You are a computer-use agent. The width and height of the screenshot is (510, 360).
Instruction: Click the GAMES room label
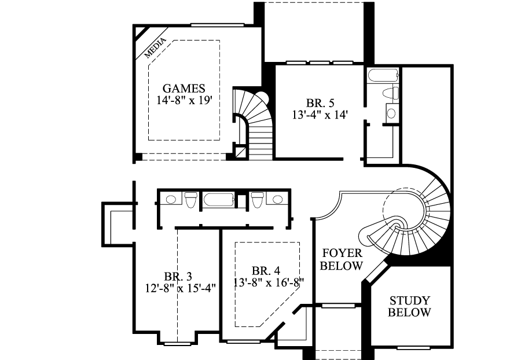(x=184, y=89)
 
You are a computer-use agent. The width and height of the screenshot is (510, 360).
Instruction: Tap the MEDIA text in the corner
(x=155, y=49)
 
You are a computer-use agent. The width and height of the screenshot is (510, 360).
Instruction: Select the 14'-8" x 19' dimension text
(x=184, y=100)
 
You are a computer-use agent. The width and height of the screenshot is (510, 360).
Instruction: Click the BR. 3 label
(x=178, y=276)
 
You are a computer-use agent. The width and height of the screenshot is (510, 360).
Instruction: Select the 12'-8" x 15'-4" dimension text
(x=181, y=288)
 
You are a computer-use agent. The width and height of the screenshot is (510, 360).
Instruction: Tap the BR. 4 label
(x=266, y=271)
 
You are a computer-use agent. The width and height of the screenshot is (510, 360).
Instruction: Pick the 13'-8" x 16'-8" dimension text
(x=269, y=282)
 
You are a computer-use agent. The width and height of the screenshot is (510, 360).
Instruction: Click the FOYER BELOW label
(x=342, y=260)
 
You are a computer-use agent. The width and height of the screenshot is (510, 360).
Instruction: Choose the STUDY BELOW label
(x=409, y=307)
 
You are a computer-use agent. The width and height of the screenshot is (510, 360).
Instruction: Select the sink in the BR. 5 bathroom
(x=391, y=113)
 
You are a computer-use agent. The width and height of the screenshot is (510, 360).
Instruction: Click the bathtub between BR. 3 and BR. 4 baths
(x=218, y=201)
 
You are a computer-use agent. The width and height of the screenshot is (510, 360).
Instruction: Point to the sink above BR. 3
(x=170, y=200)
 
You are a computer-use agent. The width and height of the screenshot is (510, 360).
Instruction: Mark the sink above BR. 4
(x=278, y=200)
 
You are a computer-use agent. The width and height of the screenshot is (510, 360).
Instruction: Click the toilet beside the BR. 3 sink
(x=189, y=200)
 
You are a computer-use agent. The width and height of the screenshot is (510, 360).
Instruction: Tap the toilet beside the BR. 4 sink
(x=257, y=200)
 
